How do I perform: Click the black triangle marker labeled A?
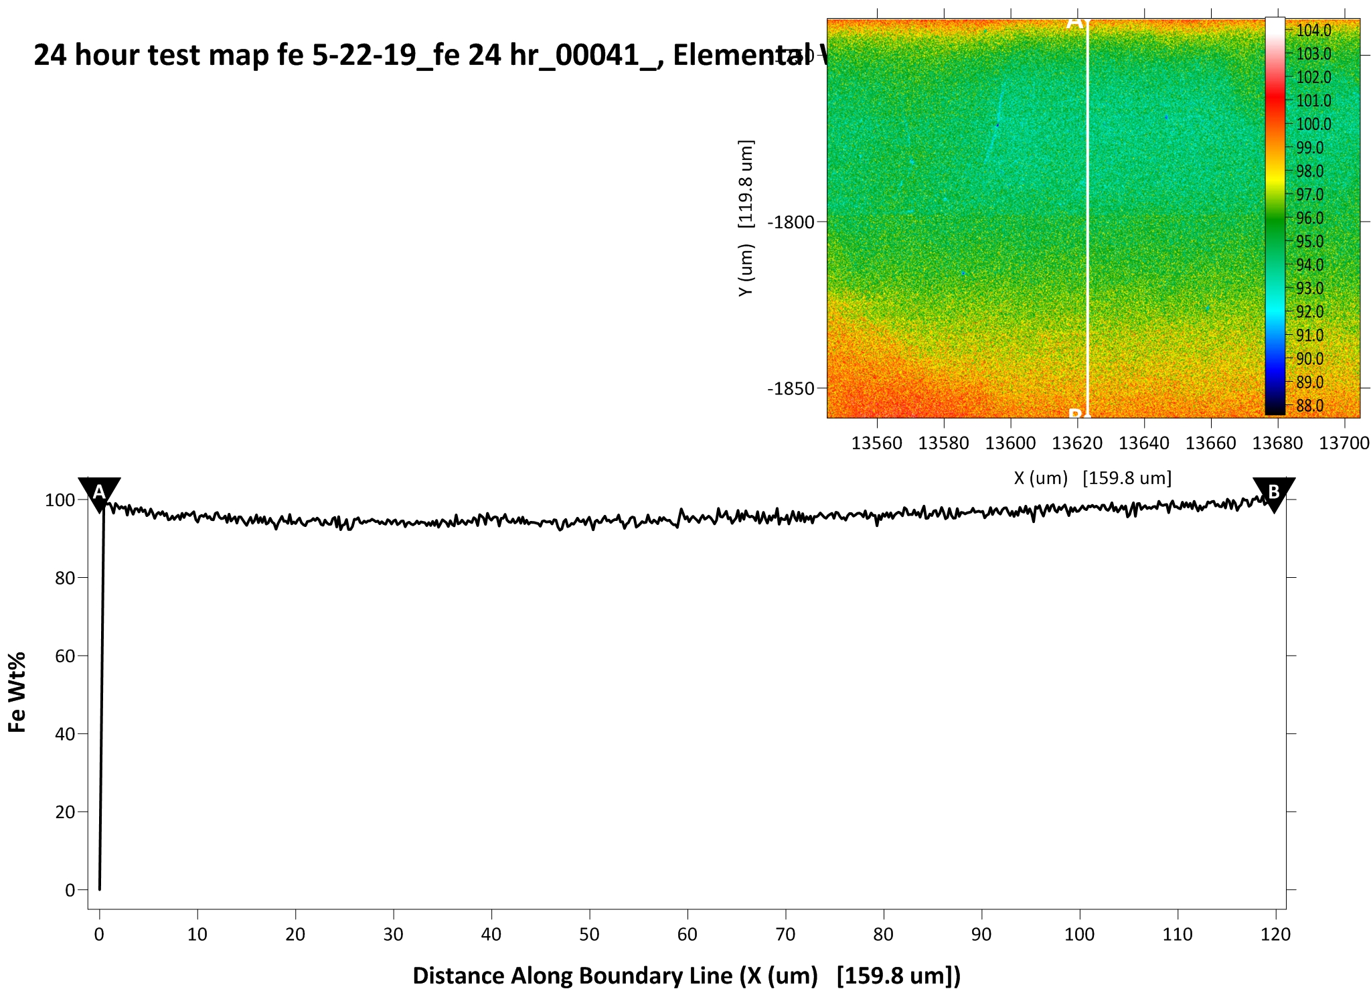click(x=99, y=493)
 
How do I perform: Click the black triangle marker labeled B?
click(x=1273, y=493)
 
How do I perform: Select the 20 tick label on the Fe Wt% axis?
click(x=66, y=812)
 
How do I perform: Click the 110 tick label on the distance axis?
click(x=1178, y=934)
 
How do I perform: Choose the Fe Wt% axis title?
click(x=17, y=692)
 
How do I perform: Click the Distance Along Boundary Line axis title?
click(x=686, y=976)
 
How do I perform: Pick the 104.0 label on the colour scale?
click(x=1313, y=30)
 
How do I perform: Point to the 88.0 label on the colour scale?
click(x=1310, y=406)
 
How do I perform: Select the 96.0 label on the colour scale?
click(x=1310, y=218)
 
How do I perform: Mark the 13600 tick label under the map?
click(x=1010, y=443)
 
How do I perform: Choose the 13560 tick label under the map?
click(x=876, y=443)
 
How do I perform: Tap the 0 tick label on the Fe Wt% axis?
click(x=70, y=890)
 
